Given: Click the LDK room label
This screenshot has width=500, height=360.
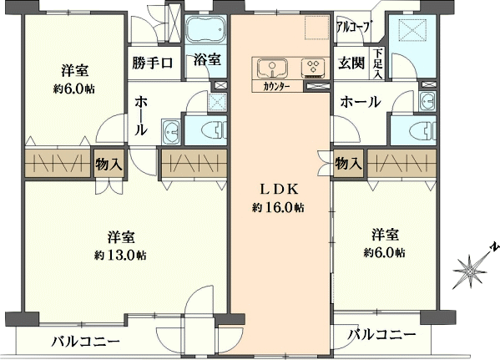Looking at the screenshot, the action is [x=280, y=190].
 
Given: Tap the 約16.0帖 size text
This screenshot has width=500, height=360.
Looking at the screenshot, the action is [x=278, y=208].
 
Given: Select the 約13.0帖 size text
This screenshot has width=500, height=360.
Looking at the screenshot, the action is [x=120, y=256].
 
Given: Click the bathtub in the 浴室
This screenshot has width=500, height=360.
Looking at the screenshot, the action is [x=205, y=30].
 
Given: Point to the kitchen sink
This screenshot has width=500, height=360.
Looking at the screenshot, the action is [x=272, y=68].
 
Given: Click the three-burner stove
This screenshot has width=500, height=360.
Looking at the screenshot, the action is [x=313, y=68].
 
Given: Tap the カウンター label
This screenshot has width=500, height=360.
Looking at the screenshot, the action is [x=276, y=87].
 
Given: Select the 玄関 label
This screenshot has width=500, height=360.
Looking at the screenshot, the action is [x=351, y=63].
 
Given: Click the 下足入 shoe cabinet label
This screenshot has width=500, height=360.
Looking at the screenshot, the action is [x=378, y=63].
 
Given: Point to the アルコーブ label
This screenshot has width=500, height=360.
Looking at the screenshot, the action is [x=354, y=27].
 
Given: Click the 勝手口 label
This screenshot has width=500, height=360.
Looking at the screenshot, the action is [x=153, y=63].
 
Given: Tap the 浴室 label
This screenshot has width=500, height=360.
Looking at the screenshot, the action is [x=207, y=59].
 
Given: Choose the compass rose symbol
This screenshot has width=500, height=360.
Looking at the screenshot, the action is [x=470, y=271].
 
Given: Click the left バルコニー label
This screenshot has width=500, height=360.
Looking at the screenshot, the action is [x=86, y=342].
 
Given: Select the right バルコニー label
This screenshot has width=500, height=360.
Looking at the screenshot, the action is [x=381, y=335].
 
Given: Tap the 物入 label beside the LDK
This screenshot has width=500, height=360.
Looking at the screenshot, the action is [x=348, y=164].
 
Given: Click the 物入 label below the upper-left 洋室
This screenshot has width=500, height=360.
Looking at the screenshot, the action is [x=109, y=165].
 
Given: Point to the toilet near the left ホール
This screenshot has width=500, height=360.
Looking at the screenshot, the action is [x=214, y=130].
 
